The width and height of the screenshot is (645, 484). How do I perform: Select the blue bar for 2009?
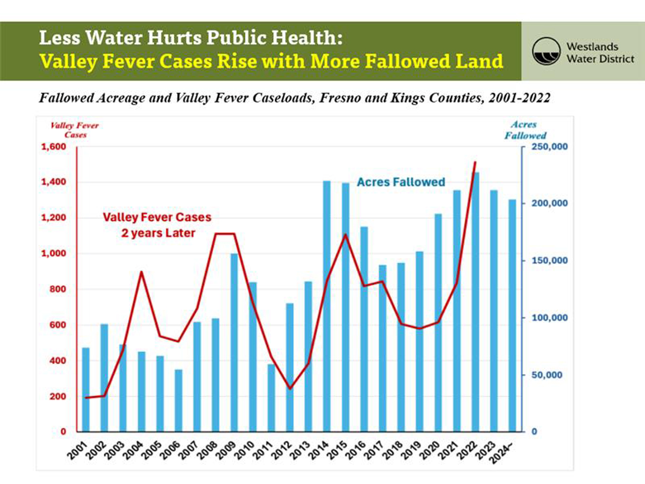(234, 343)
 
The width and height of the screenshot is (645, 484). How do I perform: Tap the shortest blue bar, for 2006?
(178, 401)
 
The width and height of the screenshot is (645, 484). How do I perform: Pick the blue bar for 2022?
(475, 302)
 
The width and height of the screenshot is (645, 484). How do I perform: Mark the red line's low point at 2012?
(290, 389)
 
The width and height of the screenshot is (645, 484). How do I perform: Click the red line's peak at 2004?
(142, 272)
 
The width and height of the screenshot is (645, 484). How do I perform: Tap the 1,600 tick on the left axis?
(53, 147)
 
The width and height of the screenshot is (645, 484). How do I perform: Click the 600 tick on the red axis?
(57, 325)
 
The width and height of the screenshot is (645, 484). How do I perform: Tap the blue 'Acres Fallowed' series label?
(401, 182)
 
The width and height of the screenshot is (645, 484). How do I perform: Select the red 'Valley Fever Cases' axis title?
(75, 130)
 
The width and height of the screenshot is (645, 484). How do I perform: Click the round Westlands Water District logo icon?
(546, 51)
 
